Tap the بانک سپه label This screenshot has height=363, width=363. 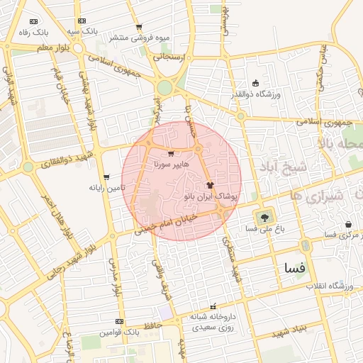83,32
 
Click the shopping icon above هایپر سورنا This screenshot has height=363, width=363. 170,153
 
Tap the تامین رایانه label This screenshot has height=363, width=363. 106,188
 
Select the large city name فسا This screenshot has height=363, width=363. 293,269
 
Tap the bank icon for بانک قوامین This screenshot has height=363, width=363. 119,322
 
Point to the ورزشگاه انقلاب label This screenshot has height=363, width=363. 330,286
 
